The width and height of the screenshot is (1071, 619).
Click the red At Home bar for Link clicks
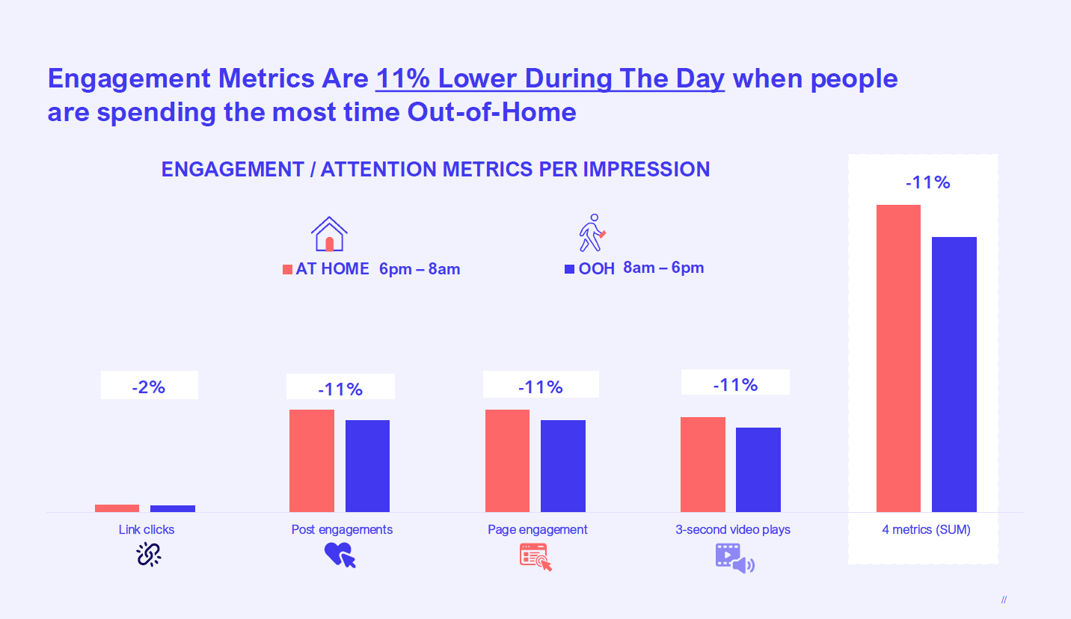click(x=117, y=508)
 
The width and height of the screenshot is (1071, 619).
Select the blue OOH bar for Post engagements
click(x=367, y=466)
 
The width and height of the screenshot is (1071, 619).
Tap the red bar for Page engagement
click(x=507, y=461)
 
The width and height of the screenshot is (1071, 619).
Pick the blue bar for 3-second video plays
click(x=758, y=469)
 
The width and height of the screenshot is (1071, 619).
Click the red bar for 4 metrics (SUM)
click(x=898, y=358)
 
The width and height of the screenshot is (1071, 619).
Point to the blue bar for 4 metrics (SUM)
click(x=954, y=374)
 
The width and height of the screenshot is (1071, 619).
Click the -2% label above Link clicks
click(x=148, y=387)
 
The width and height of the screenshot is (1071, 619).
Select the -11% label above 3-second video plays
click(x=735, y=384)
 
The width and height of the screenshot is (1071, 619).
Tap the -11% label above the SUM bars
click(x=927, y=182)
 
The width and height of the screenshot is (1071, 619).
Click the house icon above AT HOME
click(x=329, y=234)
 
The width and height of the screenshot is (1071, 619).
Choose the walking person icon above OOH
click(x=592, y=232)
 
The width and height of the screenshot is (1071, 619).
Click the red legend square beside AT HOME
click(x=287, y=269)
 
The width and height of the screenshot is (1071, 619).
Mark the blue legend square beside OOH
click(x=569, y=268)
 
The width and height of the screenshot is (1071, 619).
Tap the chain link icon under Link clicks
click(x=149, y=554)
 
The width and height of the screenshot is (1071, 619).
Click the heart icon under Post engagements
click(x=339, y=555)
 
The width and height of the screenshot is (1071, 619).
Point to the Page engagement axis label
click(x=537, y=529)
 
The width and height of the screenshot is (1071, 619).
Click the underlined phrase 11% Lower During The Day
click(x=550, y=78)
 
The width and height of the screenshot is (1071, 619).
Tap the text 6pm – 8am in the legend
click(x=419, y=269)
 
